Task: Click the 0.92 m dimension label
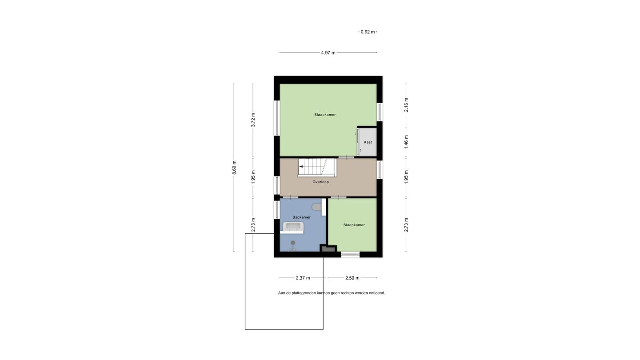coord(368,32)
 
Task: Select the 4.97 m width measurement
coord(328,53)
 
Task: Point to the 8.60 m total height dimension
coord(234,168)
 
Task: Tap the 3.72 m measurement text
coord(253,120)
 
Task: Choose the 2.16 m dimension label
coord(406,105)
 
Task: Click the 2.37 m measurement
coord(303,278)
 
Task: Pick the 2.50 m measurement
coord(352,278)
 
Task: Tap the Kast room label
coord(368,142)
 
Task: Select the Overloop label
coord(320,182)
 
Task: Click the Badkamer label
coord(301,217)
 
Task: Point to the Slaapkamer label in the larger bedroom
coord(325,115)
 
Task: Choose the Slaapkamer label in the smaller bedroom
coord(354,225)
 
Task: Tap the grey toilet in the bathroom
coord(316,207)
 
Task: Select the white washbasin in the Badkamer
coord(293,227)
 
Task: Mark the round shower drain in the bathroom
coord(293,243)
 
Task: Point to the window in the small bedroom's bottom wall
coord(350,255)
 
